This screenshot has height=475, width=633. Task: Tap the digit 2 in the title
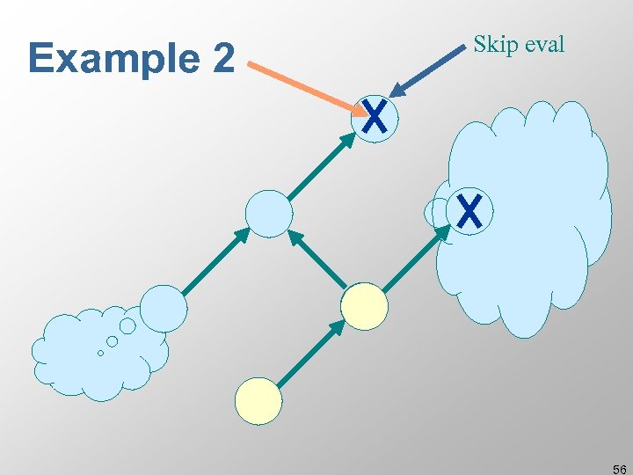223,59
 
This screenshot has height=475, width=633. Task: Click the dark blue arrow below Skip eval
427,72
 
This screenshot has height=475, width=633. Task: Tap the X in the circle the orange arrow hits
375,117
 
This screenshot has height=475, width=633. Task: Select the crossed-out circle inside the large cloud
469,211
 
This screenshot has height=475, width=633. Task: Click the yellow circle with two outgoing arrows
364,306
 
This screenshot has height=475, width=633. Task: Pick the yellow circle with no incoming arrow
258,401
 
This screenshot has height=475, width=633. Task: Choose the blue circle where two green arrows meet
268,213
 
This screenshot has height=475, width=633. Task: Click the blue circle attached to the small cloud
164,308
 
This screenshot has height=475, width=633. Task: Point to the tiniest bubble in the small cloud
100,353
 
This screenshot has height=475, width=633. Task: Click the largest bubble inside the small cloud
127,326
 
